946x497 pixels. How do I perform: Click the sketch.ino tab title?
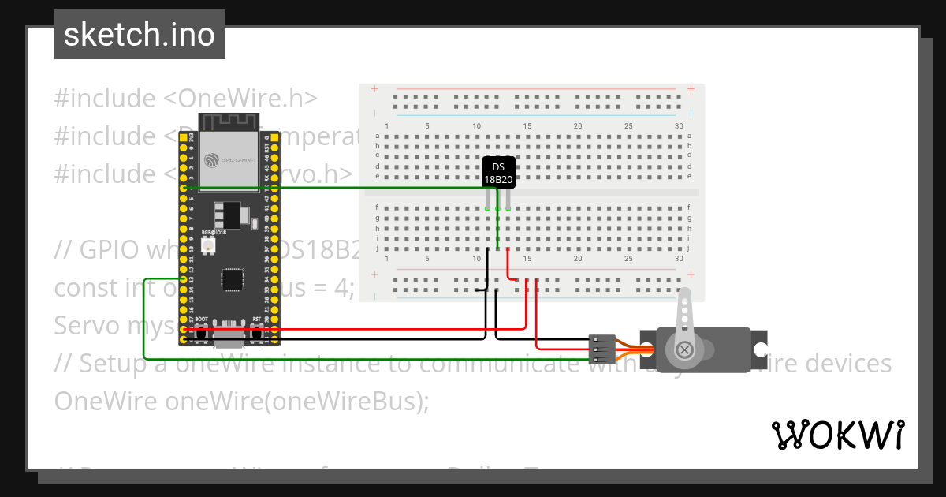[x=139, y=35]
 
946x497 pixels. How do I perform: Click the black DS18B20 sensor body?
[x=498, y=172]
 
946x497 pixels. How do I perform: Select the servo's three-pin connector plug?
[x=601, y=349]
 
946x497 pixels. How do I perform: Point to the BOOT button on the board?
[x=202, y=335]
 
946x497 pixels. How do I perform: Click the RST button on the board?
[x=257, y=335]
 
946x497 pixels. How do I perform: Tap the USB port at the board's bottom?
[x=229, y=338]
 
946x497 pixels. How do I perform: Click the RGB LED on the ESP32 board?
[x=209, y=246]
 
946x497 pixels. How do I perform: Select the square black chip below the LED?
[x=233, y=279]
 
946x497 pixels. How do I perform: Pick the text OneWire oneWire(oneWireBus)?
[x=241, y=401]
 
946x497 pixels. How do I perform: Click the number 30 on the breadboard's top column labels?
[x=679, y=127]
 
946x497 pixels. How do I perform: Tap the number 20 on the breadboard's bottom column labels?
[x=578, y=259]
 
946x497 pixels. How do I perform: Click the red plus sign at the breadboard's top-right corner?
[x=691, y=88]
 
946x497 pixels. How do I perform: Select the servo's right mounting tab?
[x=760, y=349]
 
